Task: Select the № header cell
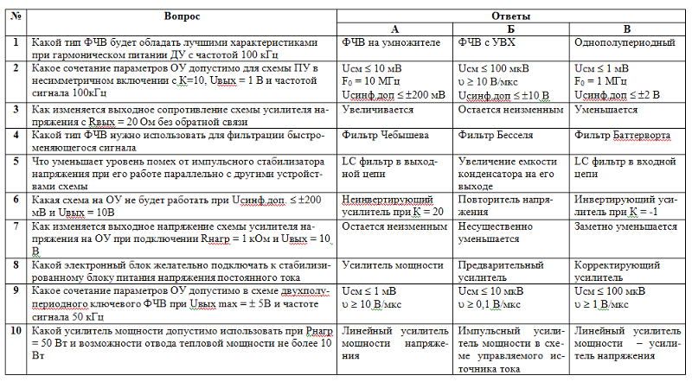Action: tap(16, 16)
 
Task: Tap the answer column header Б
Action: tap(514, 29)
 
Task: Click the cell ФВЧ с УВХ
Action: tap(487, 42)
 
